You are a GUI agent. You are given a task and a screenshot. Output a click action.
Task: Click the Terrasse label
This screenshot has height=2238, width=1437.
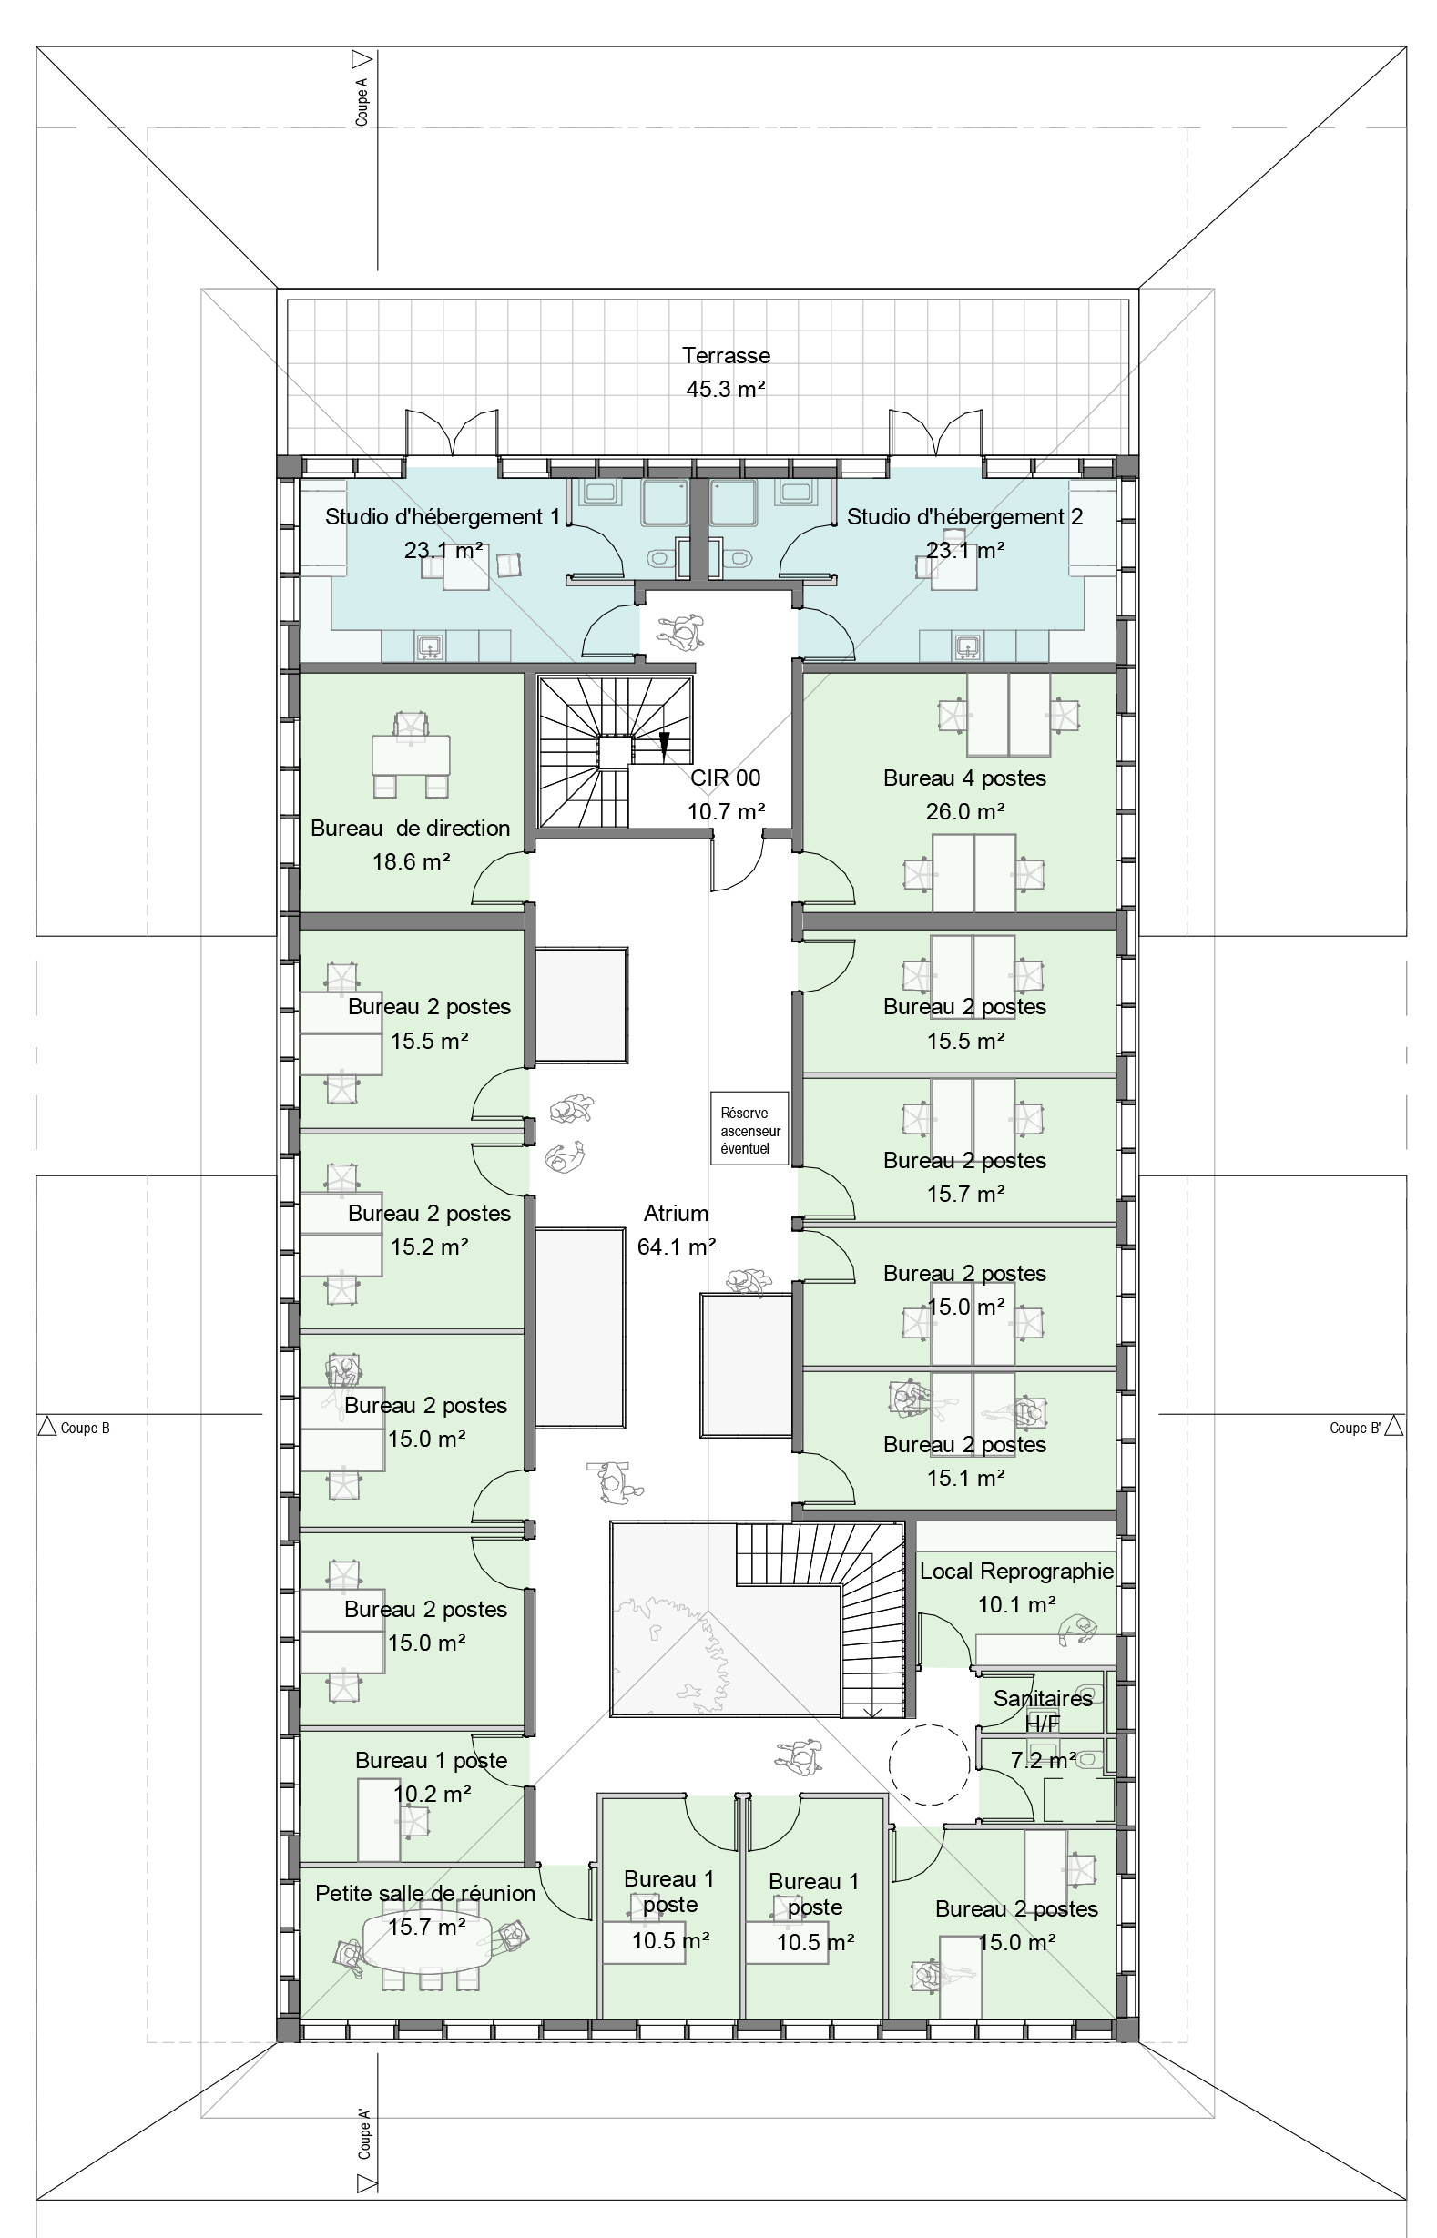726,355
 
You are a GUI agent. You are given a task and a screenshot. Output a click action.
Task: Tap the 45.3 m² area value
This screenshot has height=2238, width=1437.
726,389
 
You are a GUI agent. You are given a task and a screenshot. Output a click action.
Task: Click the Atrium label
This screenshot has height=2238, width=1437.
676,1213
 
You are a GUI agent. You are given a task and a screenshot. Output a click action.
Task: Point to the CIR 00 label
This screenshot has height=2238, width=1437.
725,777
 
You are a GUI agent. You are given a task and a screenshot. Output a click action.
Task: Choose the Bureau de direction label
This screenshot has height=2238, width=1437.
411,828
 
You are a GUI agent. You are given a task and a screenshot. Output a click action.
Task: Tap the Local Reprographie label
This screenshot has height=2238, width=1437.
1016,1571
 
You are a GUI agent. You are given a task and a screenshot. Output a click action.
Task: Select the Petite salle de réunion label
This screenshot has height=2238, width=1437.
425,1893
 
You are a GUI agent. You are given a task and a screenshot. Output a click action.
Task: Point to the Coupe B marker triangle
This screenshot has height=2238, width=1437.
46,1427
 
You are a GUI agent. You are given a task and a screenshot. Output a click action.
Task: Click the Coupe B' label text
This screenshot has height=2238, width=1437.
1355,1428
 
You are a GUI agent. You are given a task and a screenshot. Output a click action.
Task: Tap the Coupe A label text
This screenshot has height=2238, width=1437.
362,102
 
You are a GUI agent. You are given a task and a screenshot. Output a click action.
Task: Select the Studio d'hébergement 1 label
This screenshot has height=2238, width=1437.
443,517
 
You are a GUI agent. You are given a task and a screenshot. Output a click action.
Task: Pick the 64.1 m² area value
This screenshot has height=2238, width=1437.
676,1246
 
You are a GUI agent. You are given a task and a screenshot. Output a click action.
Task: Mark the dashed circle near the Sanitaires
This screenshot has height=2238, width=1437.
931,1762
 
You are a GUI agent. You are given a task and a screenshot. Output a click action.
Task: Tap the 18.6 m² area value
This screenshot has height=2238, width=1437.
411,861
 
